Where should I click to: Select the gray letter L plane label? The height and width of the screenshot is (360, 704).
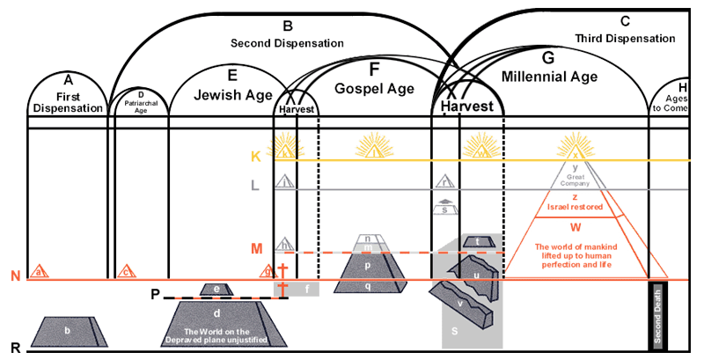[255, 187]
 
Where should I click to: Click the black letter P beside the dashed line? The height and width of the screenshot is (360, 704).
[155, 295]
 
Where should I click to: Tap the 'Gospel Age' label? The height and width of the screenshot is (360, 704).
[374, 87]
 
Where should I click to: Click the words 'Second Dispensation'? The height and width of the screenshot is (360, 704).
[287, 42]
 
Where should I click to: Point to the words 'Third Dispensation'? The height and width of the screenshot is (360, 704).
[625, 40]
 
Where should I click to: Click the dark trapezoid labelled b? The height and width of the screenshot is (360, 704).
[68, 331]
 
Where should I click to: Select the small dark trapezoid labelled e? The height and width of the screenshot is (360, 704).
[216, 289]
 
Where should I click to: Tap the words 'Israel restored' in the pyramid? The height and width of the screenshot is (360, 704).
[574, 209]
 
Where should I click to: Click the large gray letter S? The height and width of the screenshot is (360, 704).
[454, 331]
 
